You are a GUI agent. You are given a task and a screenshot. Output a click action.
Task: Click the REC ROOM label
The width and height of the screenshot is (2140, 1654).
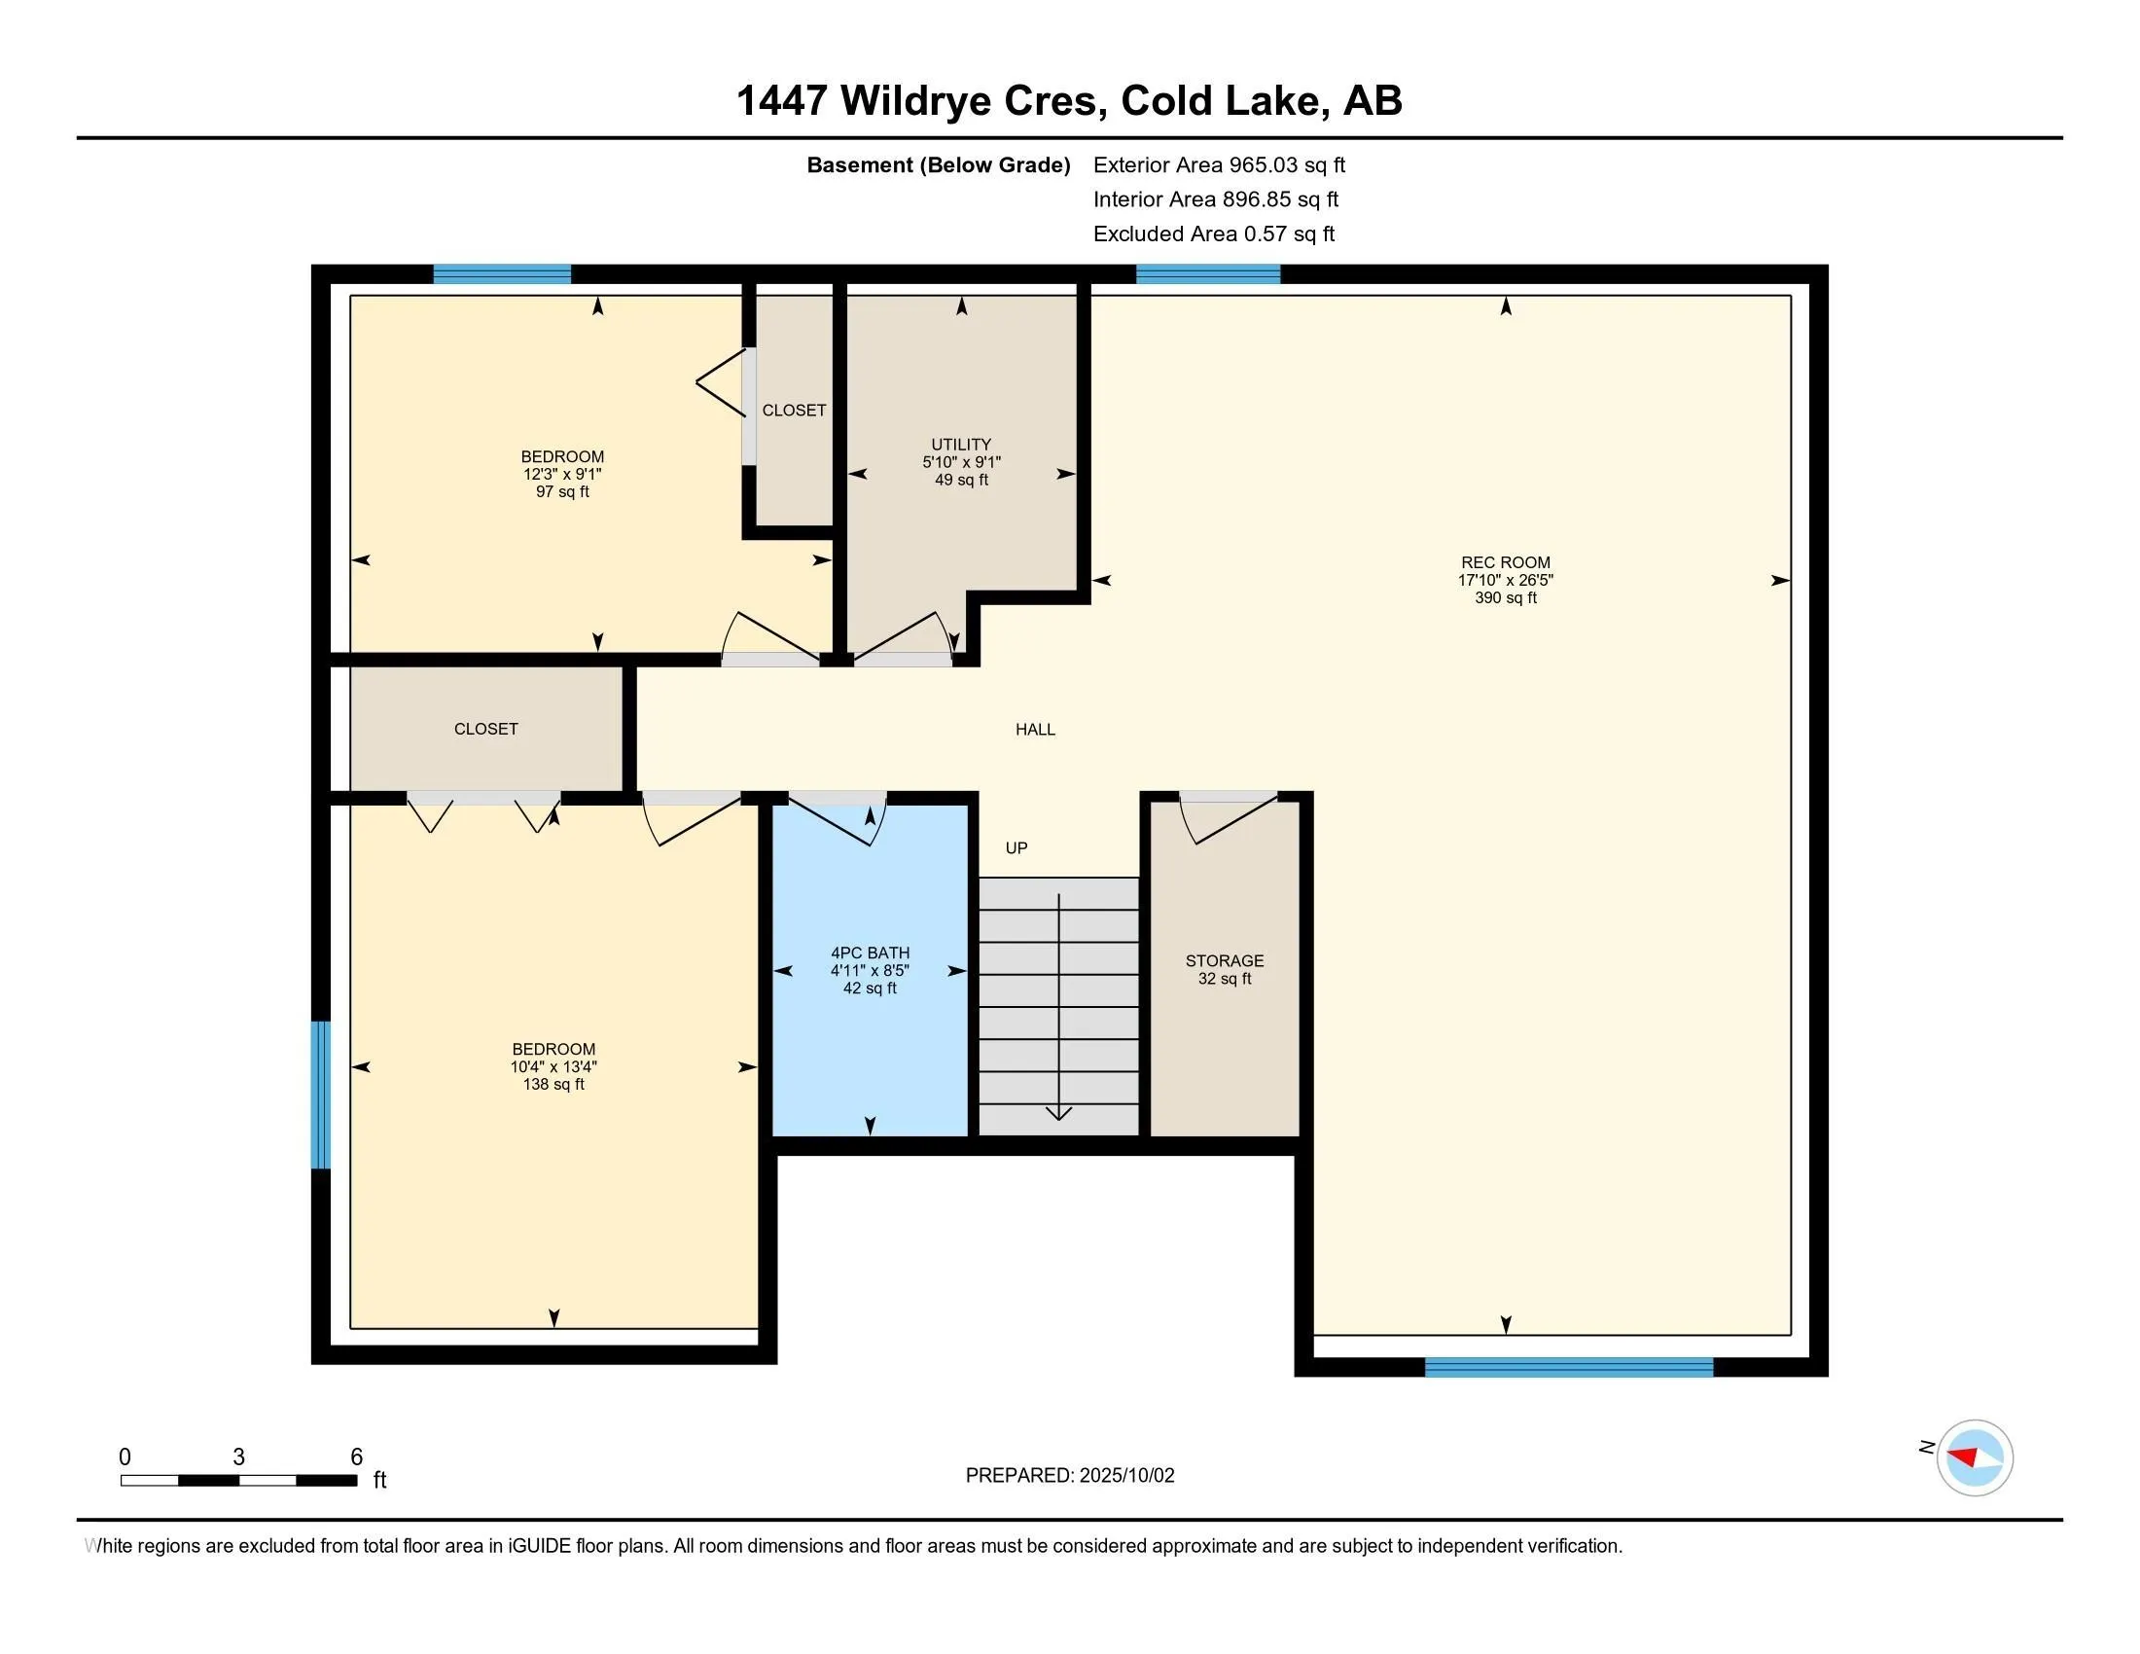click(1505, 562)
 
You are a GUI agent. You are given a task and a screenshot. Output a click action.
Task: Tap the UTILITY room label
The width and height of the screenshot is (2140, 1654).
click(961, 445)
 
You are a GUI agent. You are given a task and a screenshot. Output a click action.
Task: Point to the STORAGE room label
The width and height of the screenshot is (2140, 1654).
click(1224, 961)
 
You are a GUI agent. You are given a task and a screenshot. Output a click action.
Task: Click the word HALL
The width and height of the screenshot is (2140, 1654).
click(1035, 729)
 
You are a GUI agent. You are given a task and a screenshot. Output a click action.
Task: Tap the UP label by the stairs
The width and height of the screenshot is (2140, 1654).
click(1016, 847)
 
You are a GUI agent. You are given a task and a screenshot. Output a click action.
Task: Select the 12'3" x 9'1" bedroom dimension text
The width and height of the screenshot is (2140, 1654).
click(562, 474)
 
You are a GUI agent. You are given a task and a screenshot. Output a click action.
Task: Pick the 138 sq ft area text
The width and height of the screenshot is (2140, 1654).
click(553, 1085)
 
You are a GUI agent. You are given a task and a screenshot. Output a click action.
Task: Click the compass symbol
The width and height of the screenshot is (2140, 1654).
click(1975, 1457)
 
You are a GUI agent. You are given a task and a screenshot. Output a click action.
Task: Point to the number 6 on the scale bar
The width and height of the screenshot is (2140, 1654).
click(357, 1457)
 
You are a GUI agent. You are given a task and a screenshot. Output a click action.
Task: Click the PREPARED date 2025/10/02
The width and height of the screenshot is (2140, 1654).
click(1125, 1476)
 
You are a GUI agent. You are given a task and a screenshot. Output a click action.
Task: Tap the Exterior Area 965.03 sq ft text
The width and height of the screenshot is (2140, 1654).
click(1219, 165)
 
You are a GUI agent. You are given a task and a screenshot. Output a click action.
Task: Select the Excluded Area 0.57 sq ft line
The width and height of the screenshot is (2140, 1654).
click(1214, 234)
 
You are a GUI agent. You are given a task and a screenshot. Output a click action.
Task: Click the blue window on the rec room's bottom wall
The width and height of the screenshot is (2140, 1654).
click(1569, 1368)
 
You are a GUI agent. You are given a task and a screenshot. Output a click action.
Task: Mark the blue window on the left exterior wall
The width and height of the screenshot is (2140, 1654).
click(320, 1095)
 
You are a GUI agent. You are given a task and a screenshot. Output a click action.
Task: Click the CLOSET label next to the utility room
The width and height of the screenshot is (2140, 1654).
click(794, 411)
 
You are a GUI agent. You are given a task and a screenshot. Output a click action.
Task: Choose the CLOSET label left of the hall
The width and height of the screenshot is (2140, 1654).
click(486, 729)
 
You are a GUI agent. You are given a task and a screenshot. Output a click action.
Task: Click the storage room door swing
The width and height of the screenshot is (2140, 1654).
click(1229, 819)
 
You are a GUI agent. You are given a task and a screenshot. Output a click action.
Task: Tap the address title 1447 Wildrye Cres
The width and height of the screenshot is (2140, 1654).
click(922, 101)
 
